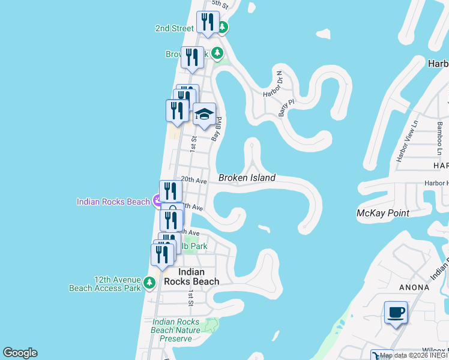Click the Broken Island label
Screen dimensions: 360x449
247,178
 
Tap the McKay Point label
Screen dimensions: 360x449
382,213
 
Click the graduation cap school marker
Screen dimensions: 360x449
204,114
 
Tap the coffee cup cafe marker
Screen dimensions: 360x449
396,313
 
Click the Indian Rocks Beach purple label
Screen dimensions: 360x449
113,202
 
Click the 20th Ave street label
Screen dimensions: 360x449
194,179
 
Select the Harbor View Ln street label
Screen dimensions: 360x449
406,142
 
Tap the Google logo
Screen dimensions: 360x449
20,353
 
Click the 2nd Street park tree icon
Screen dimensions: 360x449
222,27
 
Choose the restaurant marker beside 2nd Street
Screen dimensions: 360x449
208,22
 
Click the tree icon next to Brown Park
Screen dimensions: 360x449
217,53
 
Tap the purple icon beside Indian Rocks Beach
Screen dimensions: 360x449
157,201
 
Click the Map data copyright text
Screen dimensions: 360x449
413,356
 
